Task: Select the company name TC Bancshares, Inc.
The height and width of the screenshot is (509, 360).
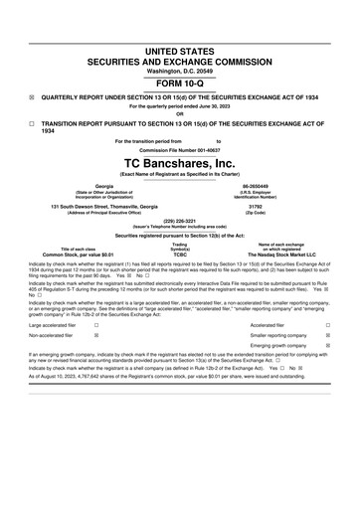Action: [x=180, y=161]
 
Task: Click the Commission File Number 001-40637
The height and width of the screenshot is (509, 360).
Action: [x=180, y=148]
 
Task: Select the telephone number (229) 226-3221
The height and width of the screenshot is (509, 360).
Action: [x=180, y=223]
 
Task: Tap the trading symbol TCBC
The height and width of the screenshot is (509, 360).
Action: [x=180, y=254]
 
